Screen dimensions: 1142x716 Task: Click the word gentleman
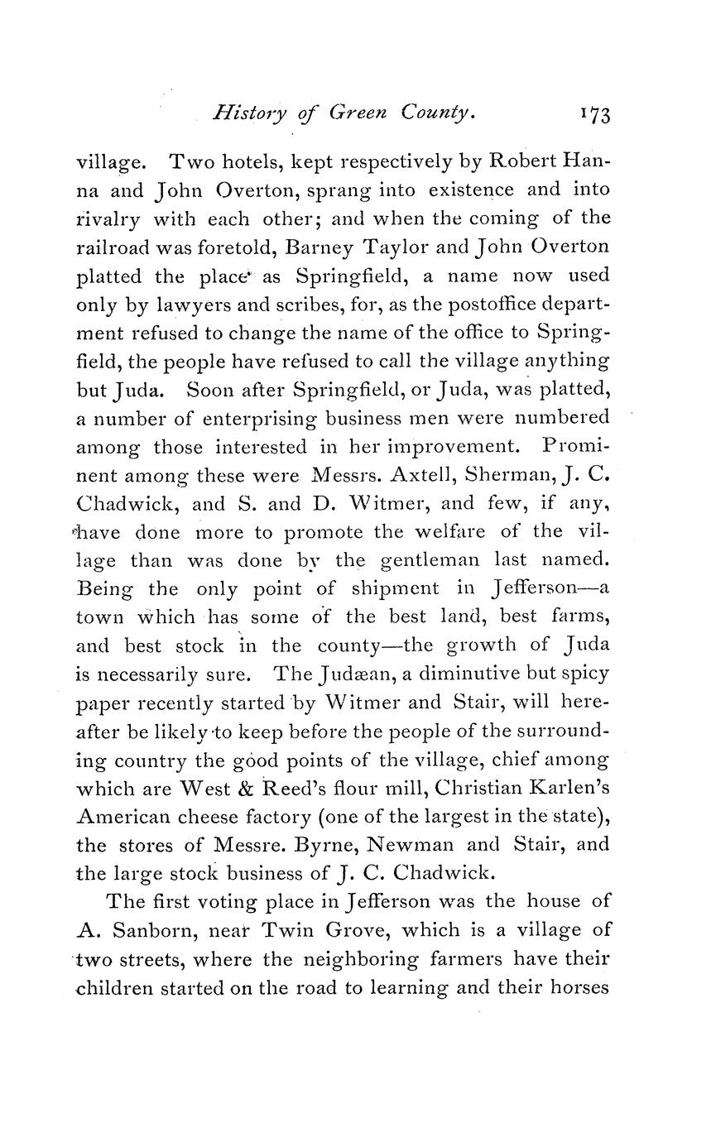click(430, 560)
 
